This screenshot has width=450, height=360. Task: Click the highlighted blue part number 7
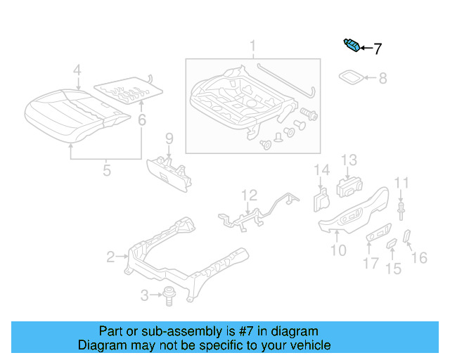[x=352, y=46]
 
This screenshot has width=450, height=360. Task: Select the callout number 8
[x=382, y=79]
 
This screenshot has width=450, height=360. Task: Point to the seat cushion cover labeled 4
[x=70, y=112]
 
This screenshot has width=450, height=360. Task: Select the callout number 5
[x=106, y=169]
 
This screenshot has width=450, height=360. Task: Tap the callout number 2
[x=110, y=257]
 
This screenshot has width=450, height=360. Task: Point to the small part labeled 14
[x=320, y=200]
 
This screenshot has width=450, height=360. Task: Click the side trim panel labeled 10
[x=352, y=215]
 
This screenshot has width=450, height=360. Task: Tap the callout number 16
[x=418, y=258]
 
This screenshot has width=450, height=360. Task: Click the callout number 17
[x=371, y=264]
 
